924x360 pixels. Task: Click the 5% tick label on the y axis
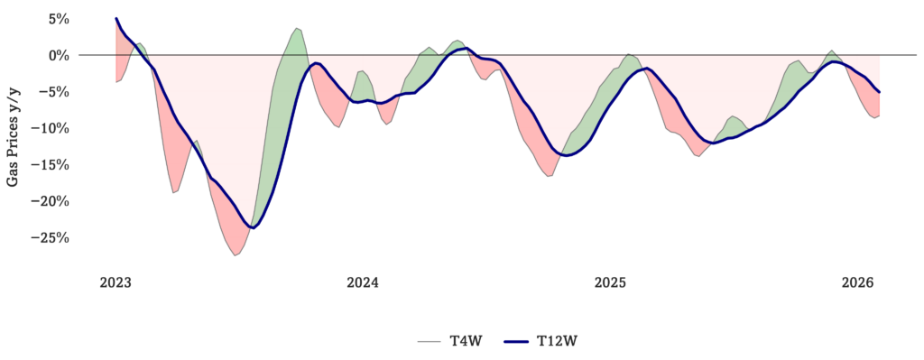coord(60,19)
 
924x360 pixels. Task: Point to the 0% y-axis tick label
coord(60,55)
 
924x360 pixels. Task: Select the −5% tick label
coord(56,92)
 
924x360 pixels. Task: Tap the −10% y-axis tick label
coord(53,128)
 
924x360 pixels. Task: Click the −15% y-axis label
coord(53,165)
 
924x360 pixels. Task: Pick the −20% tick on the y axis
coord(53,201)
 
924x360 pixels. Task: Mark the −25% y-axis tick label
coord(53,238)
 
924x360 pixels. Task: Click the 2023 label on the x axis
coord(115,282)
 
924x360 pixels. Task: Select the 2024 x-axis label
coord(363,282)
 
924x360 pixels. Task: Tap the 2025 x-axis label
coord(611,282)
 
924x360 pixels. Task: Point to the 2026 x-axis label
coord(858,282)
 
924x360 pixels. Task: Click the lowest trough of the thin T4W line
coord(235,255)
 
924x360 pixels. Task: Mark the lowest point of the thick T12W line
coord(253,227)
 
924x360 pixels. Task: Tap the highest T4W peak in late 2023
coord(297,28)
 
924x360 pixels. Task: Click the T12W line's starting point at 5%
coord(116,18)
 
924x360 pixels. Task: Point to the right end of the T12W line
coord(879,92)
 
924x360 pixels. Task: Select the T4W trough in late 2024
coord(549,176)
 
